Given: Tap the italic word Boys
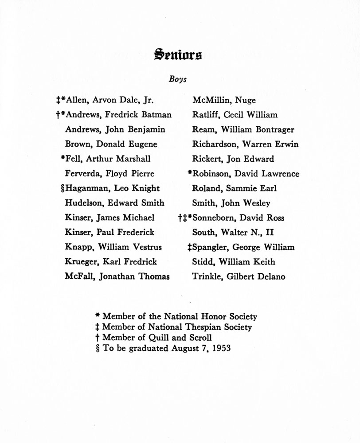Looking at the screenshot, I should [177, 80].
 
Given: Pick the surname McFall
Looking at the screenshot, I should [80, 277].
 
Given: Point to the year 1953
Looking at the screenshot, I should [221, 348].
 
